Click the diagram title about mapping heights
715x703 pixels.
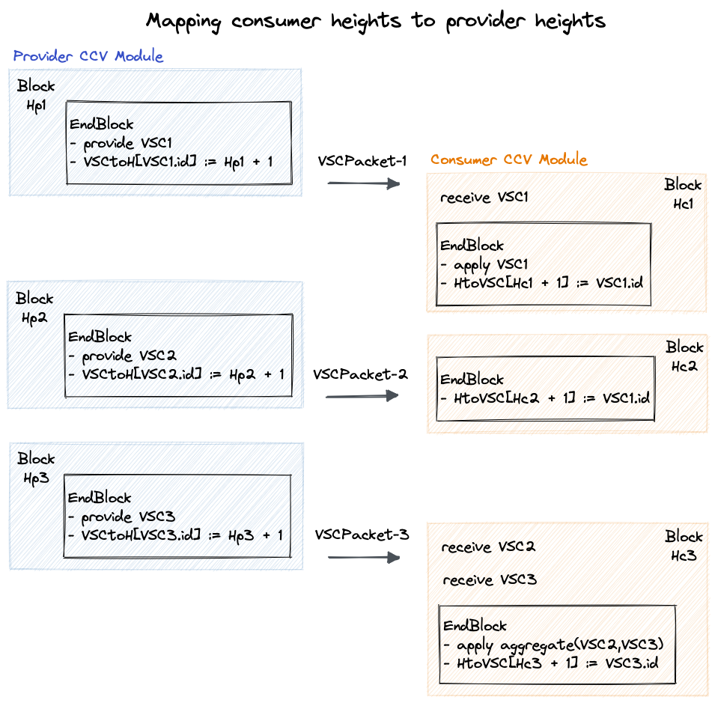(x=375, y=21)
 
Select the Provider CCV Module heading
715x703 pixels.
(x=88, y=56)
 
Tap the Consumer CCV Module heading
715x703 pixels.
(x=509, y=159)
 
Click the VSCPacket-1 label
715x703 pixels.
(x=362, y=161)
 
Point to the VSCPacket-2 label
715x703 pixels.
(x=360, y=374)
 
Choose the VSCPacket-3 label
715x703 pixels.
(x=362, y=535)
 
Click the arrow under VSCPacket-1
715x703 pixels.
(x=364, y=183)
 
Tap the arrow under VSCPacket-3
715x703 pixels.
(x=363, y=557)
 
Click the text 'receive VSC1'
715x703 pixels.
(x=484, y=198)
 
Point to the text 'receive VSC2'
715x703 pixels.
(x=488, y=547)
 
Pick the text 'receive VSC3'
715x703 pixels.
(x=490, y=580)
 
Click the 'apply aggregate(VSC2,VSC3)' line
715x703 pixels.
(x=555, y=645)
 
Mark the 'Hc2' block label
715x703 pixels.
(x=684, y=367)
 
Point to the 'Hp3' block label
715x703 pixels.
(x=35, y=478)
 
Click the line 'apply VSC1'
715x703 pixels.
(x=486, y=264)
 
